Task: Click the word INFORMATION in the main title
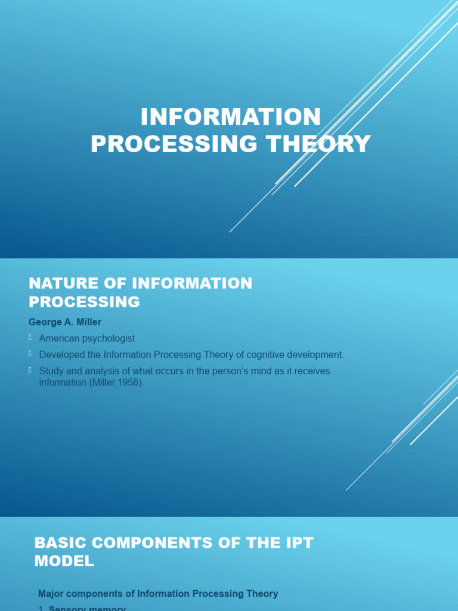(x=231, y=117)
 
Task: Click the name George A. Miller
(x=65, y=322)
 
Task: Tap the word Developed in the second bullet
(x=61, y=354)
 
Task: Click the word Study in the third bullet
(x=51, y=371)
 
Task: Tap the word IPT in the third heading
(x=297, y=543)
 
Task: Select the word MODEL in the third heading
(x=64, y=561)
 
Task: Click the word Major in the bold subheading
(x=50, y=594)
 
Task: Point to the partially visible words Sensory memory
(x=87, y=609)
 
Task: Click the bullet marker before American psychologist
(x=30, y=338)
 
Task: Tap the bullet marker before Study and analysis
(x=30, y=371)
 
